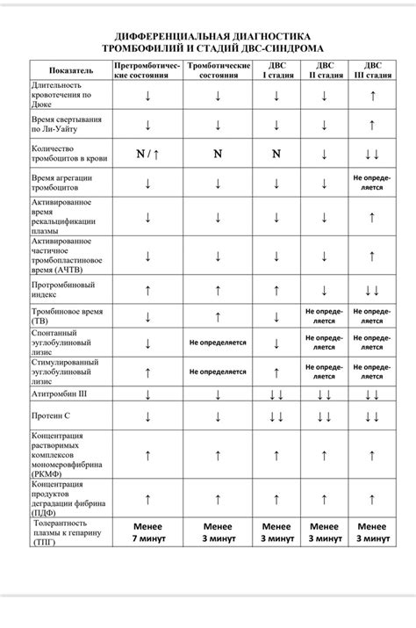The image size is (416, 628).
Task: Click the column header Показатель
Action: pyautogui.click(x=69, y=70)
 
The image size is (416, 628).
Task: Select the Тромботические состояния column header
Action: pyautogui.click(x=218, y=70)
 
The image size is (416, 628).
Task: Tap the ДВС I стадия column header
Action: pyautogui.click(x=276, y=70)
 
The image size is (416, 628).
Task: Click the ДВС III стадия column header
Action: pyautogui.click(x=373, y=70)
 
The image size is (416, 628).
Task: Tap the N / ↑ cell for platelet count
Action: pyautogui.click(x=147, y=155)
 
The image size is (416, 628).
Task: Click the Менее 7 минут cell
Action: pyautogui.click(x=147, y=532)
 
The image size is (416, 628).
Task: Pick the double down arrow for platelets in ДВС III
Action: pyautogui.click(x=373, y=155)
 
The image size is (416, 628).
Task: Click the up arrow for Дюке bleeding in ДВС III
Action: pyautogui.click(x=373, y=95)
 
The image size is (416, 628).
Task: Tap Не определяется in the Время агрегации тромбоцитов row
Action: pyautogui.click(x=373, y=182)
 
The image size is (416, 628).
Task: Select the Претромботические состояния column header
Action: pyautogui.click(x=147, y=70)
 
